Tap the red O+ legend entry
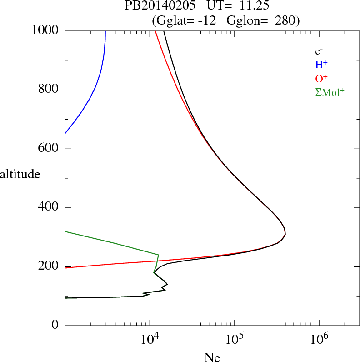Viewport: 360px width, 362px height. (x=322, y=78)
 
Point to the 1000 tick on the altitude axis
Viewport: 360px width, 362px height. (x=45, y=31)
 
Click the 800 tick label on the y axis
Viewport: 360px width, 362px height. (x=49, y=90)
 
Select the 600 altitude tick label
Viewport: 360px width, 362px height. (x=49, y=149)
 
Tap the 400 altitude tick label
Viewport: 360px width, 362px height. (x=49, y=208)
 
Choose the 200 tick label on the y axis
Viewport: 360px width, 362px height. (x=49, y=267)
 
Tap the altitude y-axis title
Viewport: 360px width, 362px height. (x=20, y=174)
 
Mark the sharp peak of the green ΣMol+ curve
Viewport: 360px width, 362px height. (x=158, y=255)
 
